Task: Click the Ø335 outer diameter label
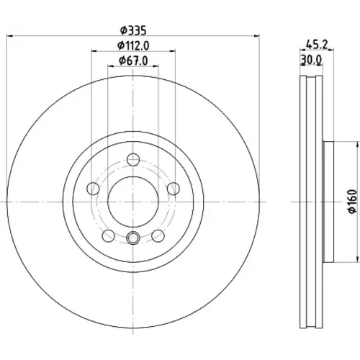point(133,31)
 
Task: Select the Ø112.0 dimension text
point(133,45)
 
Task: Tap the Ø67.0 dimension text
point(133,60)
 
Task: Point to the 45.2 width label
point(317,45)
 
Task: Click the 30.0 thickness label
point(311,60)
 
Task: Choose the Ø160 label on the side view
point(353,201)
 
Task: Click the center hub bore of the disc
point(133,202)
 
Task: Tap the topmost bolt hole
point(133,159)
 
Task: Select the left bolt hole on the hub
point(93,189)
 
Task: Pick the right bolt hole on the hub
point(174,189)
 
